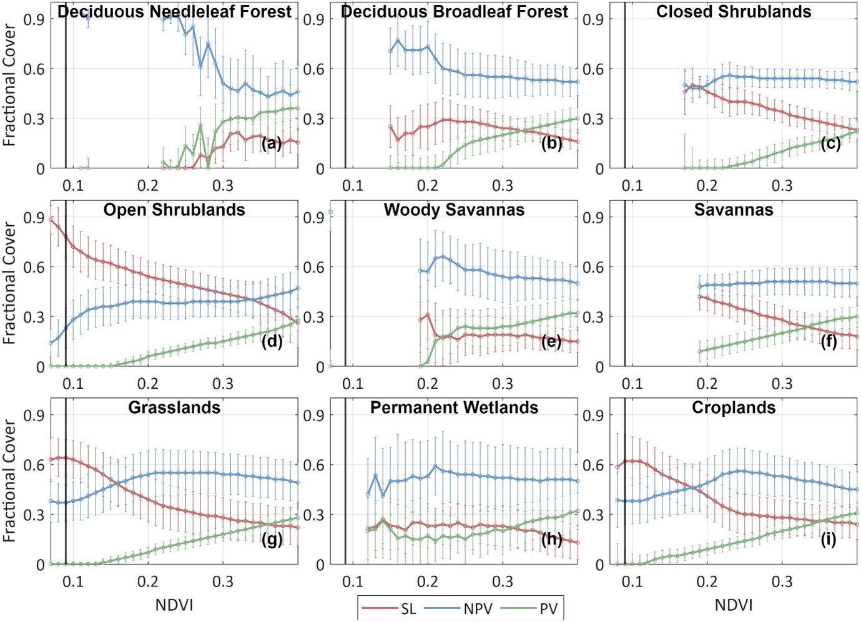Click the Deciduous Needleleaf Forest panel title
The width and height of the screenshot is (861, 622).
point(174,12)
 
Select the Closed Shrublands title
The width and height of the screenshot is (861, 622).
point(734,12)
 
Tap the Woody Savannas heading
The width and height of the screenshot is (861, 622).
point(454,210)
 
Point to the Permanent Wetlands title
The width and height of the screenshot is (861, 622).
point(454,407)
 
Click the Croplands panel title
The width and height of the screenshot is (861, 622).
point(734,407)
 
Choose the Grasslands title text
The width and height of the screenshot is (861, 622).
point(174,407)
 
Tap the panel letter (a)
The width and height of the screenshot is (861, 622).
point(272,143)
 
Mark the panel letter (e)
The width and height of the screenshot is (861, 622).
point(551,341)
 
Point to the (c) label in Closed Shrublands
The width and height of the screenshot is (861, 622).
point(830,143)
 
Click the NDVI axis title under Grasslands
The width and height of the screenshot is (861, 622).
point(174,605)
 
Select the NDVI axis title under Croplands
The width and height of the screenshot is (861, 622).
point(734,605)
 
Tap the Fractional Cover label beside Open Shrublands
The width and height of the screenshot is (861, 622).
point(9,284)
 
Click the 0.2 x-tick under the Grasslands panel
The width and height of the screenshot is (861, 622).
point(148,581)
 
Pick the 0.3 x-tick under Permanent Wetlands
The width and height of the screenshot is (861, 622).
point(503,581)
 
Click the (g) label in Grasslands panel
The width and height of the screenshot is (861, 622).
point(272,539)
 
